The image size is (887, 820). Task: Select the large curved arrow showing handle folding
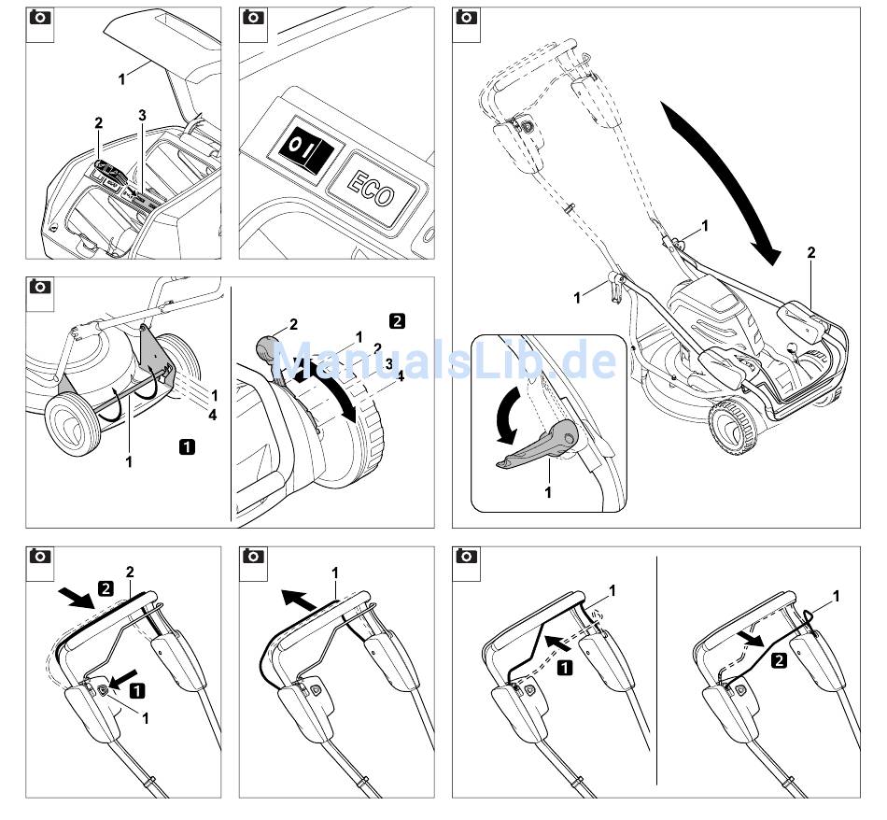tap(722, 182)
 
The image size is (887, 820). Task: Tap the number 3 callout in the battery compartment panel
tap(142, 116)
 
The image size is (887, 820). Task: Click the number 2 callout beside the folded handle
tap(811, 253)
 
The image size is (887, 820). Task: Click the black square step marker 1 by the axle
tap(187, 446)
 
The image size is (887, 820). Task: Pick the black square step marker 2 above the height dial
tap(398, 321)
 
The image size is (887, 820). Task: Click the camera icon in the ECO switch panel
tap(253, 18)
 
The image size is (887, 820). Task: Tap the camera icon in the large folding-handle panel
tap(466, 18)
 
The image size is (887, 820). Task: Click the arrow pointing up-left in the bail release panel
tap(302, 601)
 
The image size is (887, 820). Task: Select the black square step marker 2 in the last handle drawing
tap(780, 660)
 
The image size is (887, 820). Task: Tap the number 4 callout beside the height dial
tap(400, 375)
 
